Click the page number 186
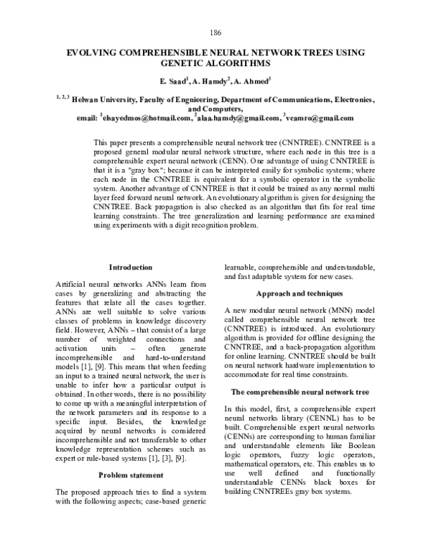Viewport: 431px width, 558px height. click(215, 32)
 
